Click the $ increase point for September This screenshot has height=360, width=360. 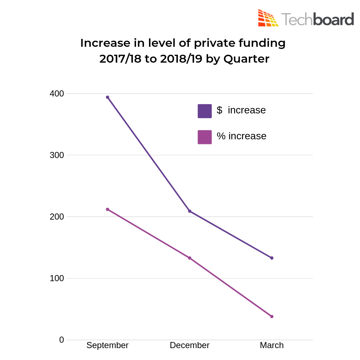107,97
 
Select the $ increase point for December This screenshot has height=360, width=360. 190,211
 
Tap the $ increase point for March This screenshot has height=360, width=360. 272,258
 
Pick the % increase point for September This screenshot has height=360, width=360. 107,209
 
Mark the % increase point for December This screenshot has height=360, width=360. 190,258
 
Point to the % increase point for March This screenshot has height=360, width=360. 272,316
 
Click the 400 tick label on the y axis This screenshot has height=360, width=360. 57,94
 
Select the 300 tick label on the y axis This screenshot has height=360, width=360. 57,155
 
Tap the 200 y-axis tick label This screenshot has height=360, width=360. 57,217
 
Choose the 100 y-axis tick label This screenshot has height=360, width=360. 57,278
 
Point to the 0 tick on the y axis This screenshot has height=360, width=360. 62,340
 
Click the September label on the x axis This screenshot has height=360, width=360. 107,346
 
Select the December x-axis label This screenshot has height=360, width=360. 190,346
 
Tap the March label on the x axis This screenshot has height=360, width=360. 272,346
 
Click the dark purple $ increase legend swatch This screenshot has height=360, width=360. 204,111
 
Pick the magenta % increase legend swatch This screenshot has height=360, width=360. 204,137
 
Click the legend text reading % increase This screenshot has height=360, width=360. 242,136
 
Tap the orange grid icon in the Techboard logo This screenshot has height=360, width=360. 268,18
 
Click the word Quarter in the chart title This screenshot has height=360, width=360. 246,59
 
